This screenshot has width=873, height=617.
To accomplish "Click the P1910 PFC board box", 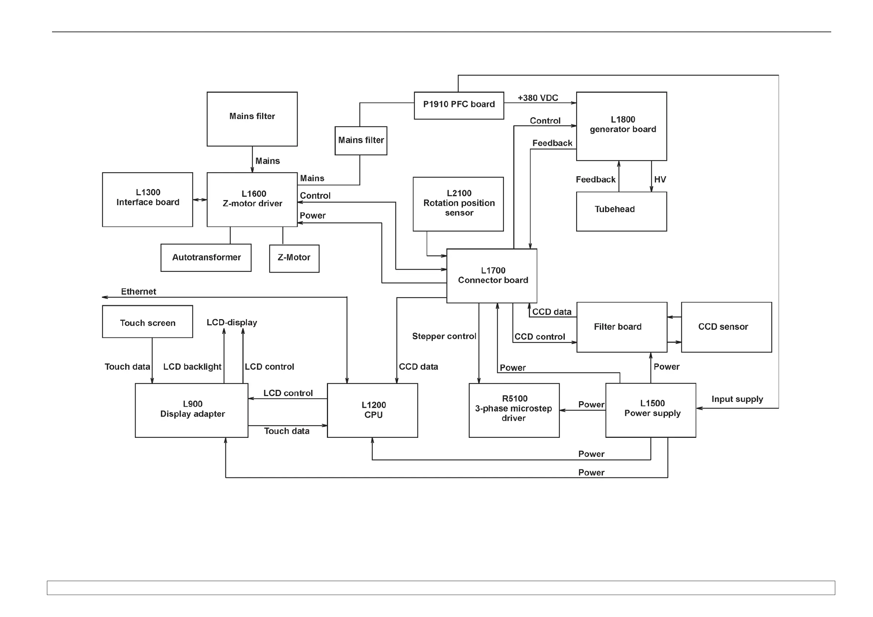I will tap(458, 105).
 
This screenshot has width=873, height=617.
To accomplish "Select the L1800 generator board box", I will tap(621, 126).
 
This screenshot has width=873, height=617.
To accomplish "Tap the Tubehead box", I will tap(621, 211).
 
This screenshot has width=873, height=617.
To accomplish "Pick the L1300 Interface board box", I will tap(148, 199).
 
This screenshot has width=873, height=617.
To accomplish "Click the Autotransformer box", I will tap(206, 257).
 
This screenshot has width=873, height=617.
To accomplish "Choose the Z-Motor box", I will tap(294, 258).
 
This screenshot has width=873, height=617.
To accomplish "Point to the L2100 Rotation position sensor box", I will tap(458, 204).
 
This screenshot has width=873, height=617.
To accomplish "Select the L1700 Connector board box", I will tap(491, 276).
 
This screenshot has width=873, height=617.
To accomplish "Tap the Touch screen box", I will tap(148, 322).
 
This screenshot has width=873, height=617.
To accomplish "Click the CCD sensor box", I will tap(726, 327).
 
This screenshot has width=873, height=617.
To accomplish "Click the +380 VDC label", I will tap(538, 98).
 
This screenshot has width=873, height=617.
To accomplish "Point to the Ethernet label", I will tap(139, 291).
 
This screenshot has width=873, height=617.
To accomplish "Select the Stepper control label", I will tap(444, 336).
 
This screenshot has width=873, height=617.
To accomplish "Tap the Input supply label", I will tap(737, 399).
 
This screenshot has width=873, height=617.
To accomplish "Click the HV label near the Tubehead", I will tap(660, 180).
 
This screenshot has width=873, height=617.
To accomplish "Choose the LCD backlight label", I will tap(192, 366).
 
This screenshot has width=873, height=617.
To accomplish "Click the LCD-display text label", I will tap(232, 322).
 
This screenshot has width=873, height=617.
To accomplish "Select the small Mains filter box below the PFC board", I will tap(361, 141).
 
